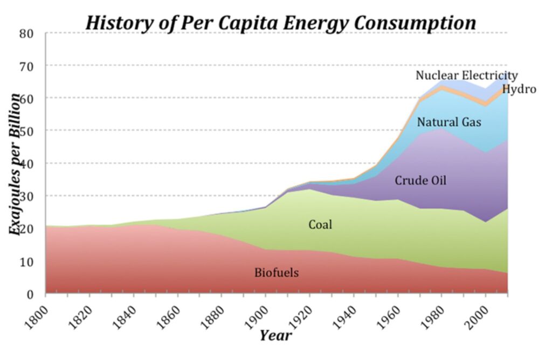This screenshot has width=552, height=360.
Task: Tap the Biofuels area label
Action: [x=277, y=273]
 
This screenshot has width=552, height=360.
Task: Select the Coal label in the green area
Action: [x=320, y=225]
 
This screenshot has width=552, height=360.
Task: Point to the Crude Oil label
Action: [x=420, y=181]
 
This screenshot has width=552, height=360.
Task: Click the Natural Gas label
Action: [x=449, y=122]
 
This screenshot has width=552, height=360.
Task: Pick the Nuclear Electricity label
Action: [x=466, y=75]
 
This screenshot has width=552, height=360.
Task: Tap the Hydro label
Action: [x=519, y=89]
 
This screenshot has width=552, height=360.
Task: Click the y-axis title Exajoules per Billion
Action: [x=17, y=164]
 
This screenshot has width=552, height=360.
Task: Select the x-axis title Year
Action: [x=275, y=336]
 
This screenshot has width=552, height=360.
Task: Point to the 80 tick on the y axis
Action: [x=28, y=33]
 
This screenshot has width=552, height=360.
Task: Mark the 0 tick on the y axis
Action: [x=31, y=295]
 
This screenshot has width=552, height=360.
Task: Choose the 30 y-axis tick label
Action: [x=28, y=197]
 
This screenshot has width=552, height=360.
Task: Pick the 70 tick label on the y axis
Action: [x=28, y=66]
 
